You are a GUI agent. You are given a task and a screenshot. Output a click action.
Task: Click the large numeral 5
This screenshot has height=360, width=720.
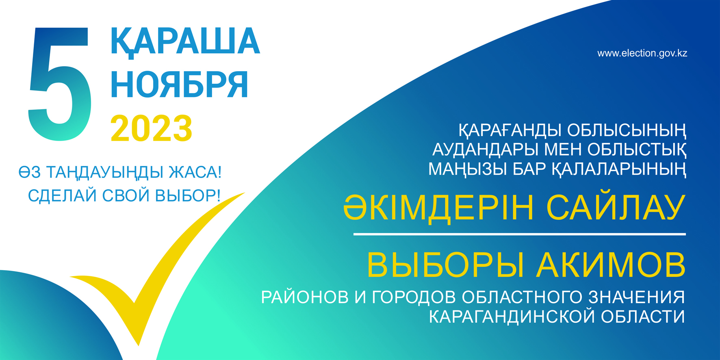point(60,84)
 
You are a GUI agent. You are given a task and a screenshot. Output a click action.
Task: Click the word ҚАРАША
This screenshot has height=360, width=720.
point(185,42)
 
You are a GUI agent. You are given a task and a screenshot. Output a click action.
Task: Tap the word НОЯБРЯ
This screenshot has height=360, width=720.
point(179,85)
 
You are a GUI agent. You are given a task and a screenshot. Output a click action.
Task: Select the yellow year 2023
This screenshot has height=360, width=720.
point(151,128)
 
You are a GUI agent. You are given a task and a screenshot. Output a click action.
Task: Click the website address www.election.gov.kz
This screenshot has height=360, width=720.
point(642,53)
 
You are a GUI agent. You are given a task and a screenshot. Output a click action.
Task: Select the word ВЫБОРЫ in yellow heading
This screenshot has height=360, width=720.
point(445,265)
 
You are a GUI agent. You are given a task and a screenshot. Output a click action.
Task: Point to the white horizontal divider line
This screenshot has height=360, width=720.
point(519,234)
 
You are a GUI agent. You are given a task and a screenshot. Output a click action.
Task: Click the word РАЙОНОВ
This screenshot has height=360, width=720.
point(305,297)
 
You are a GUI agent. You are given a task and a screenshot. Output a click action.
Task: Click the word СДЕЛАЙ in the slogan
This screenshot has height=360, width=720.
point(63,196)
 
